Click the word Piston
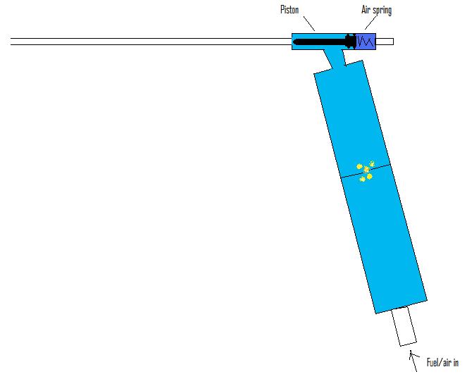click(x=289, y=10)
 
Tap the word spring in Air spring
click(x=382, y=11)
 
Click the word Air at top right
click(x=366, y=10)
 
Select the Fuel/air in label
click(x=442, y=363)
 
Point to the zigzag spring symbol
click(x=366, y=41)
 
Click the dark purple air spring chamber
click(x=366, y=42)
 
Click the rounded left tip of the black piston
click(x=294, y=42)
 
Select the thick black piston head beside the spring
click(x=351, y=42)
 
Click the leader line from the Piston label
click(x=309, y=23)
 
